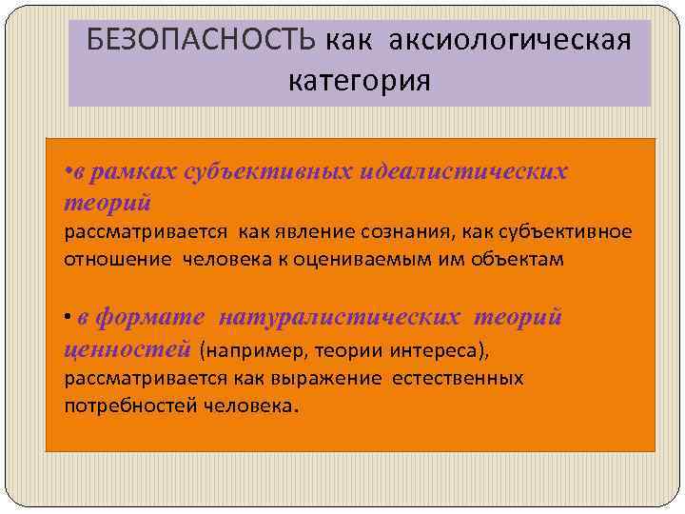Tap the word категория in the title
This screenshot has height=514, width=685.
click(360, 80)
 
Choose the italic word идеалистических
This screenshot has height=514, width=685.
click(461, 172)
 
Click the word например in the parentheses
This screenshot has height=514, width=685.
click(249, 351)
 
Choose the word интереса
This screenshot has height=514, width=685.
click(441, 351)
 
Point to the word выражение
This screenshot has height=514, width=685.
click(327, 378)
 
